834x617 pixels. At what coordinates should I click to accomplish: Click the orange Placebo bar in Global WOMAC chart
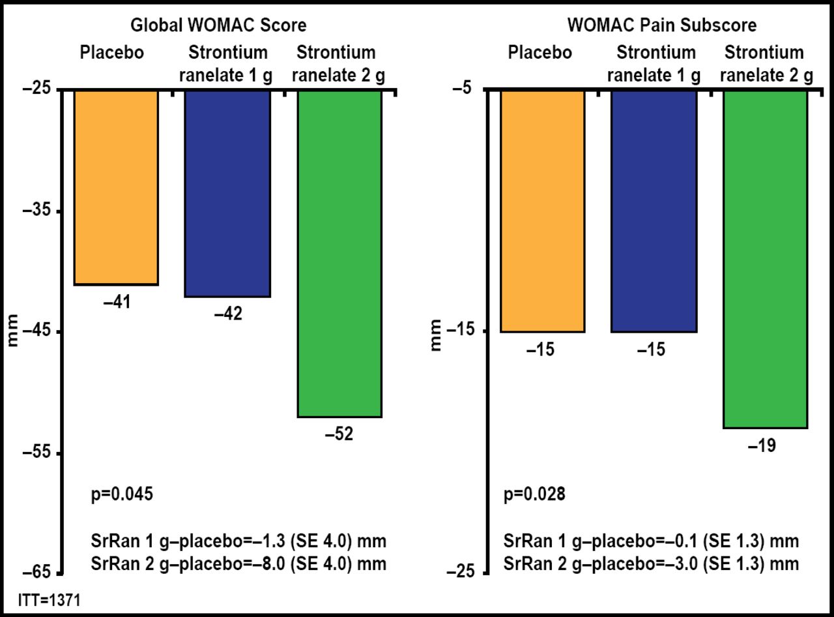116,187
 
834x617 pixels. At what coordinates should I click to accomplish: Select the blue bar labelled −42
227,193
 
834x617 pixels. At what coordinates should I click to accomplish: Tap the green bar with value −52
339,253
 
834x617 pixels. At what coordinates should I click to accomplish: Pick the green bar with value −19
766,258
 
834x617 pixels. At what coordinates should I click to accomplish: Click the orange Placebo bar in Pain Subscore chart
542,211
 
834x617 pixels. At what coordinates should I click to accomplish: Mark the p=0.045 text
122,494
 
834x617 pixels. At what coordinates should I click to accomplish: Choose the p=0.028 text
534,494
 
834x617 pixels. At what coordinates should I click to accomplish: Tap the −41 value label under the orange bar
116,302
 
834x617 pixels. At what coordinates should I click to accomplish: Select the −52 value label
339,434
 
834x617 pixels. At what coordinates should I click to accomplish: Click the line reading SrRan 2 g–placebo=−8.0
238,564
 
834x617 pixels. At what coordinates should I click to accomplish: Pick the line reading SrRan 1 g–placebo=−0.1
651,541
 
